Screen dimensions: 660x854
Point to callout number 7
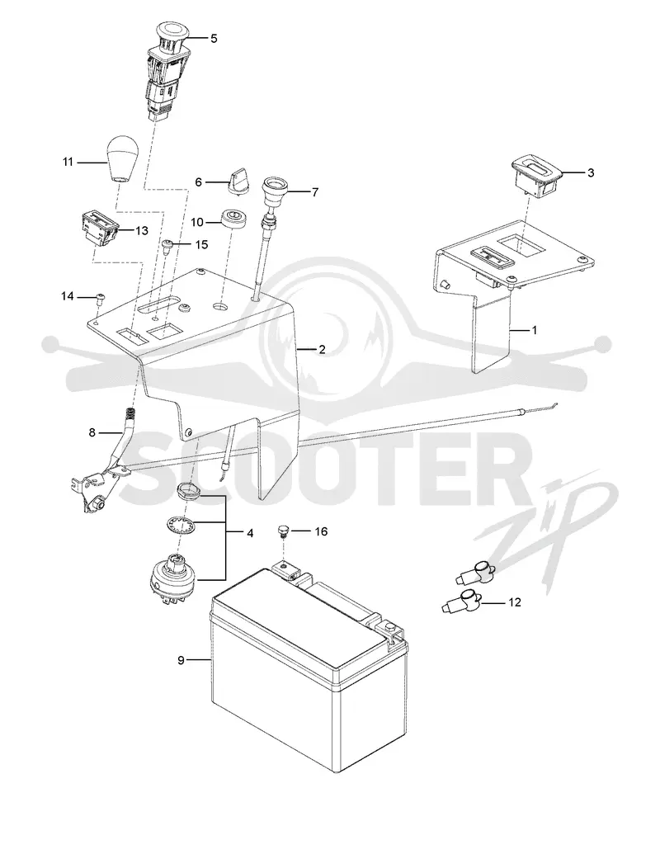[x=315, y=191]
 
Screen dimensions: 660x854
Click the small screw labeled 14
[x=100, y=297]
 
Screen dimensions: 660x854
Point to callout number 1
[x=535, y=330]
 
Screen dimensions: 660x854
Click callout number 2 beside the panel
[x=322, y=349]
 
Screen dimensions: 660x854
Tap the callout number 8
[x=92, y=432]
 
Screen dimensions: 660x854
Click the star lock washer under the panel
[x=181, y=526]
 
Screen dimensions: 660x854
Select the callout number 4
[x=250, y=533]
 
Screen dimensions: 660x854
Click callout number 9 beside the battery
[x=181, y=660]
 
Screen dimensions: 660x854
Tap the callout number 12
[x=514, y=602]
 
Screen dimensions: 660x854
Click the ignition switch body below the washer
[x=173, y=579]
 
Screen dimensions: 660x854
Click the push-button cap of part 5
[x=172, y=31]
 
